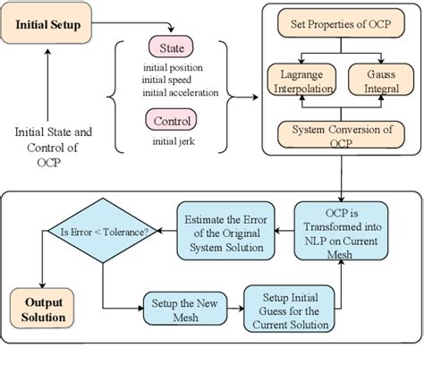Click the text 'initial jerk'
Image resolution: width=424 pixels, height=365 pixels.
[x=168, y=140]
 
